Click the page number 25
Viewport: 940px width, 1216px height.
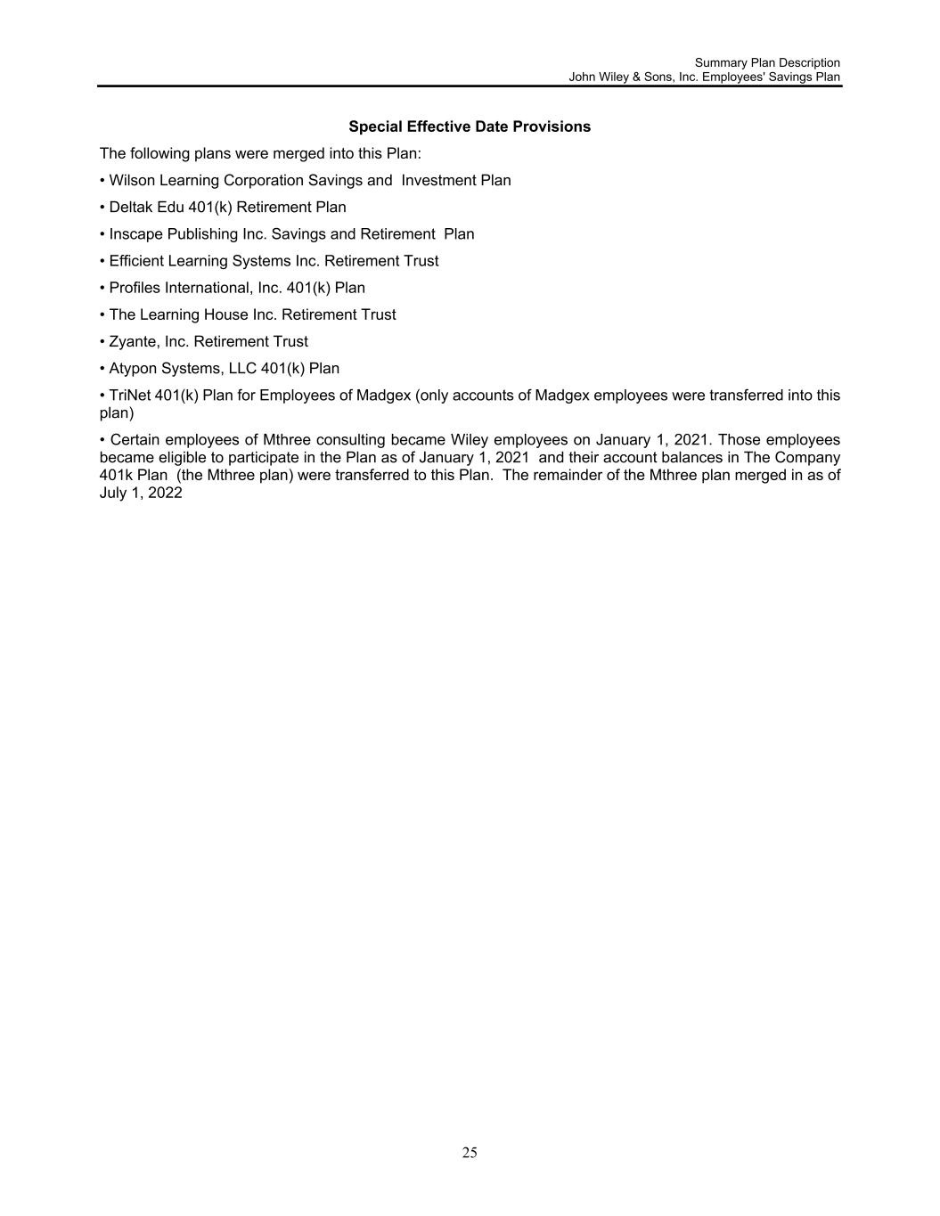[470, 1153]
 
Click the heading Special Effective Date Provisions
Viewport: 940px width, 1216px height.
[470, 126]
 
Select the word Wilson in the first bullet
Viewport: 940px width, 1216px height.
[131, 181]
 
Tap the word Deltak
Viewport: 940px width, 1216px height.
[131, 208]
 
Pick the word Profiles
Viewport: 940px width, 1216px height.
[135, 288]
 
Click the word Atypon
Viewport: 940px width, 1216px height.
[133, 368]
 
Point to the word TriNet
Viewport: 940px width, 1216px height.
[129, 395]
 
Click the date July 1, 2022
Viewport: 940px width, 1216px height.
[141, 493]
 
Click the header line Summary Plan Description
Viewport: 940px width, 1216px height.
[767, 62]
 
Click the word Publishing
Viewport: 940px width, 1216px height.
[201, 234]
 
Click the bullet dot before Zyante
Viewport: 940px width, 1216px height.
[102, 341]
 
